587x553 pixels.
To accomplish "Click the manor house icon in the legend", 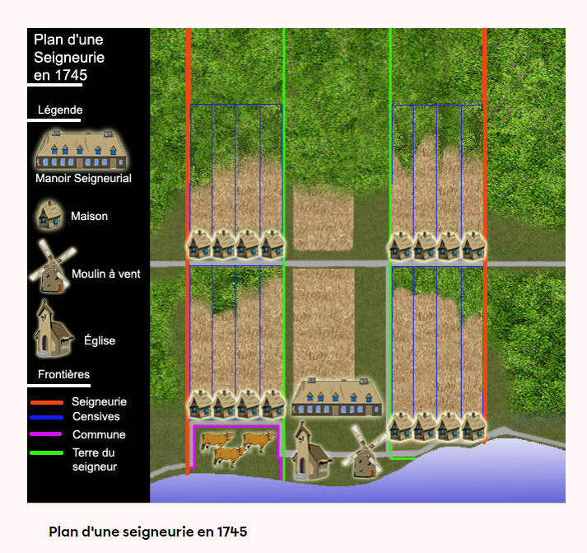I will coord(83,149).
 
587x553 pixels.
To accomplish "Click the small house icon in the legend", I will coord(49,215).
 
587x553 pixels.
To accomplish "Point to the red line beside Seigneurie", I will coord(46,402).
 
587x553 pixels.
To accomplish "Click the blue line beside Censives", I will coord(46,418).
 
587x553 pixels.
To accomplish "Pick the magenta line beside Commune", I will coord(46,434).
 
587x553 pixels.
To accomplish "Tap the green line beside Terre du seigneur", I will coord(46,452).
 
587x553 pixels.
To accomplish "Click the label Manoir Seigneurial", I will coord(83,178).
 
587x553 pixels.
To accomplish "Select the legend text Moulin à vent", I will coord(106,274).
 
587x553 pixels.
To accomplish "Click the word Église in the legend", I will coord(100,340).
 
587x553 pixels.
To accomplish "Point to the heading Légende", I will coord(60,110).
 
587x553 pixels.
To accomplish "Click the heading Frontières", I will coord(64,374).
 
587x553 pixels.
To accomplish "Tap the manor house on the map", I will coord(337,397).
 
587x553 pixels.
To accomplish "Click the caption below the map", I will coord(148,532).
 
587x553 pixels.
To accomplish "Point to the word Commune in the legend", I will coord(99,434).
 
